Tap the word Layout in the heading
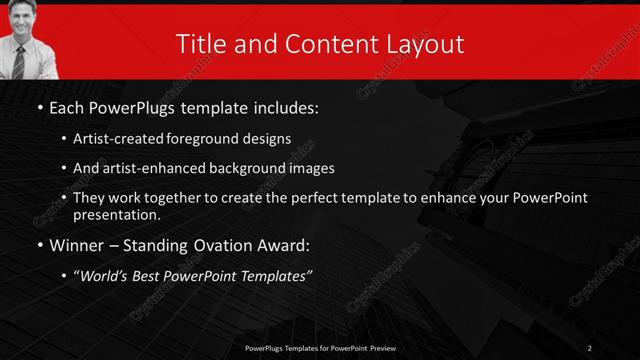(426, 44)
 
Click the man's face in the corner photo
(21, 19)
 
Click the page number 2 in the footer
(590, 347)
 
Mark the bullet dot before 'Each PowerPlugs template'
(39, 107)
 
